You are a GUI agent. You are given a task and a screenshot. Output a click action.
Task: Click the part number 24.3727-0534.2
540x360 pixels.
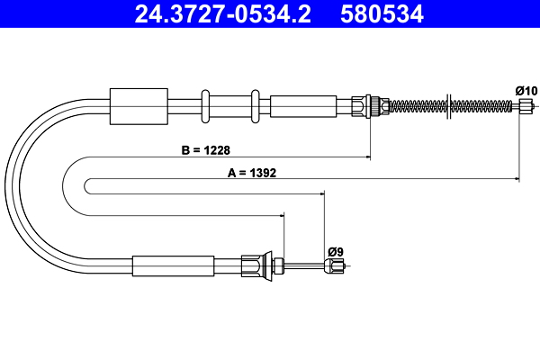coord(222,14)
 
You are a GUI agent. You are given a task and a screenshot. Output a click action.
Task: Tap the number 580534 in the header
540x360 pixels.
coord(382,14)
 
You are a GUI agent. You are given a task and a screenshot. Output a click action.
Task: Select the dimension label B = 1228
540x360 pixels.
coord(205,150)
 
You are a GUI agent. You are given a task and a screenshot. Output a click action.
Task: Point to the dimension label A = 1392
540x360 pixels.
coord(252,173)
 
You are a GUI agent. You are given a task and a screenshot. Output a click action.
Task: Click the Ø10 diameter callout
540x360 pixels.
coord(526,91)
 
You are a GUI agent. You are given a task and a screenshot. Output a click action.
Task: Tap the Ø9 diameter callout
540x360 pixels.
coord(336,252)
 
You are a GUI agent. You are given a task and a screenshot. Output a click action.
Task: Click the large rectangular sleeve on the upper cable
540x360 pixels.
coord(139,106)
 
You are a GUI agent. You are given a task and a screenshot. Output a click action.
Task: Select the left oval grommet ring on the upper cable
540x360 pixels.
coord(205,106)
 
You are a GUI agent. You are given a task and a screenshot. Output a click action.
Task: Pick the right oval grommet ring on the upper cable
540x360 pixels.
coord(256,106)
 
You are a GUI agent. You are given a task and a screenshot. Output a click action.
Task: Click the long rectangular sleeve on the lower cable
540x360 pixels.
coord(173,266)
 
